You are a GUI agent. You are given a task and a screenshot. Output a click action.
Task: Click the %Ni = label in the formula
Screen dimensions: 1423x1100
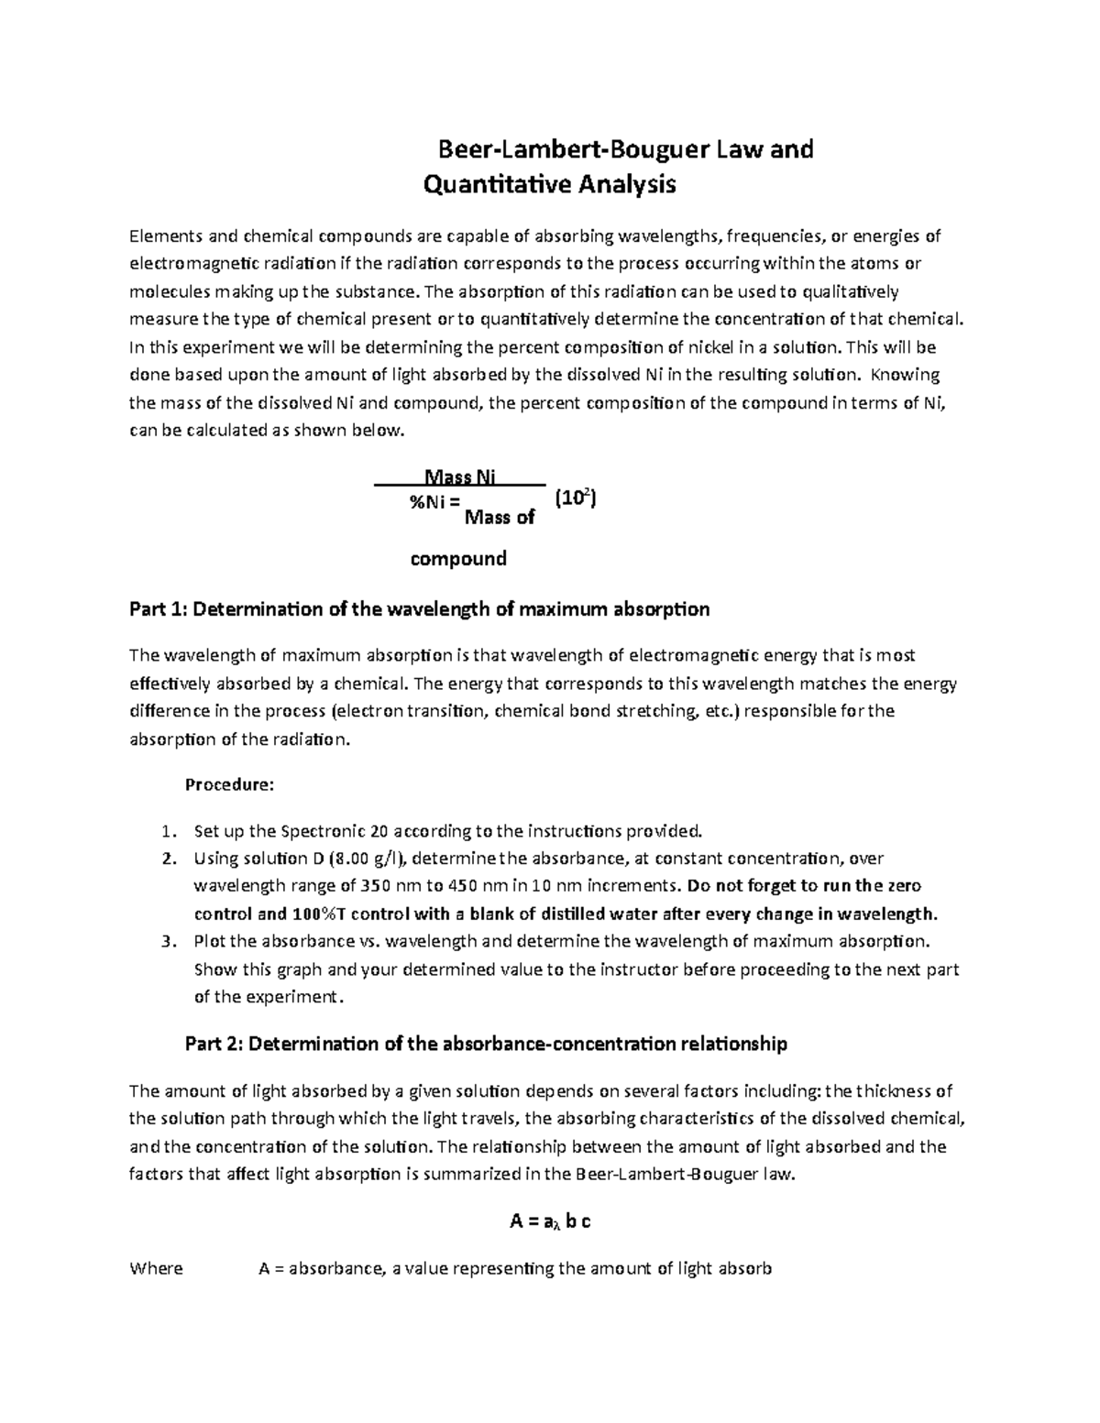431,501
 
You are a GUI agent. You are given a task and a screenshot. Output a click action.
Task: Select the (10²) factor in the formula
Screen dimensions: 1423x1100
577,499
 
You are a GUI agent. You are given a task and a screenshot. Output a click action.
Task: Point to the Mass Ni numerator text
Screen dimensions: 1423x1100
460,476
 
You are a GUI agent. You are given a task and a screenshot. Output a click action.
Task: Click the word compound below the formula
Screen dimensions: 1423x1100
457,559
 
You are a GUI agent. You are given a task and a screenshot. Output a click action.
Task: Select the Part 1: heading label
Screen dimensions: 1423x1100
159,609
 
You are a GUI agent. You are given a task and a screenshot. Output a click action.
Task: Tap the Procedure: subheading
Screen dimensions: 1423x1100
229,785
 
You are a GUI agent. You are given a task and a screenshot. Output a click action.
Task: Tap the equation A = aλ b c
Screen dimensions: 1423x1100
550,1222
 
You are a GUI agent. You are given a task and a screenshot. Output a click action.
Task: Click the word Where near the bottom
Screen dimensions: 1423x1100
156,1269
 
